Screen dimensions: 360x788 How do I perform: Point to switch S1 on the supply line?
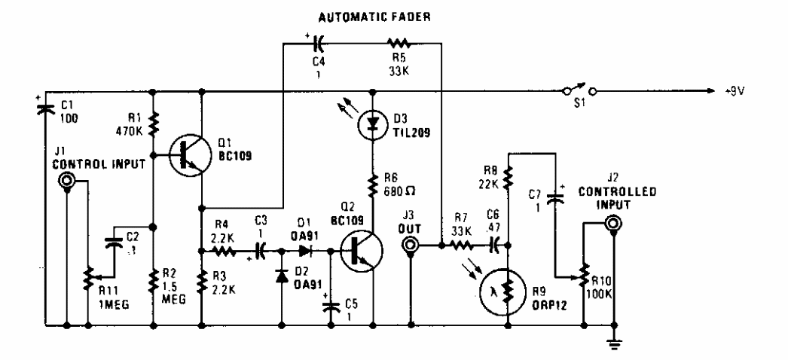tap(579, 92)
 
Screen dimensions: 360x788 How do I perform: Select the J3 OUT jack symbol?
tap(411, 246)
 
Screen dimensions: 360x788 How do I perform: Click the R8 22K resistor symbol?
tap(509, 176)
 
